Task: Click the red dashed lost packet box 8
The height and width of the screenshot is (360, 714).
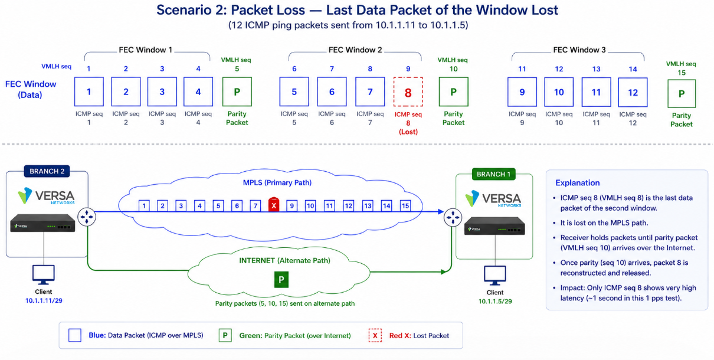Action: click(408, 92)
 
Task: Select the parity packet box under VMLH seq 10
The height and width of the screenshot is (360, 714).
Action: click(453, 92)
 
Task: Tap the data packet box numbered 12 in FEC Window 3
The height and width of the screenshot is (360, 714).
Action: click(633, 92)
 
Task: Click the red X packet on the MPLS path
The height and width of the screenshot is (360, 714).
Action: click(274, 205)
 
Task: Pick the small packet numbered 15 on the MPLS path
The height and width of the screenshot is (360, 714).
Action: click(405, 205)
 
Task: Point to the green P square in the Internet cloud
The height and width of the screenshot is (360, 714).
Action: click(281, 280)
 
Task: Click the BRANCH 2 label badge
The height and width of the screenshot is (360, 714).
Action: click(47, 171)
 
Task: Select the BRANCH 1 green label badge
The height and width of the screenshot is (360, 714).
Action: click(493, 174)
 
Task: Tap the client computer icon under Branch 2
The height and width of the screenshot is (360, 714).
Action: click(44, 275)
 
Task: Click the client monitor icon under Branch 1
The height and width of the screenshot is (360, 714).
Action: click(494, 276)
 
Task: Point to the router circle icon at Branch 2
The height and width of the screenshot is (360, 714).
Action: click(87, 217)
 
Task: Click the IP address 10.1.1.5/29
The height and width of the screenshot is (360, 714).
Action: click(495, 302)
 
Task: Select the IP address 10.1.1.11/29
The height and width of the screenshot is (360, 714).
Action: click(44, 301)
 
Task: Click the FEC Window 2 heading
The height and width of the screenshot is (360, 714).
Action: click(355, 50)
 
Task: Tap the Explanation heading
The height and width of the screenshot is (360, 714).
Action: click(577, 183)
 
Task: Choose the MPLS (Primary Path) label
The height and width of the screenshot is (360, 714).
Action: click(277, 183)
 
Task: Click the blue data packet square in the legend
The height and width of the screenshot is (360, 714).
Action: click(75, 335)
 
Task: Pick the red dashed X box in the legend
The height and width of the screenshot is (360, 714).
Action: click(375, 335)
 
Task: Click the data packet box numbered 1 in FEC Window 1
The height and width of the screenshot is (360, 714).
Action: click(89, 91)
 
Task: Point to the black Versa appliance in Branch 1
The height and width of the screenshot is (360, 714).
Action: click(494, 226)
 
